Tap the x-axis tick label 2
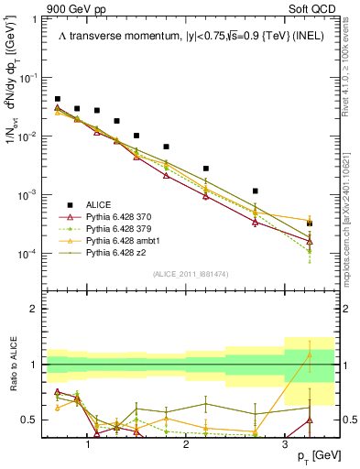coord(186,442)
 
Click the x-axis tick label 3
coord(284,442)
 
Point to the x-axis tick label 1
coord(88,442)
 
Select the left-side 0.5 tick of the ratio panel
coord(32,420)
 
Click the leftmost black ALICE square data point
coord(58,99)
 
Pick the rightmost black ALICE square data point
coord(310,223)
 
